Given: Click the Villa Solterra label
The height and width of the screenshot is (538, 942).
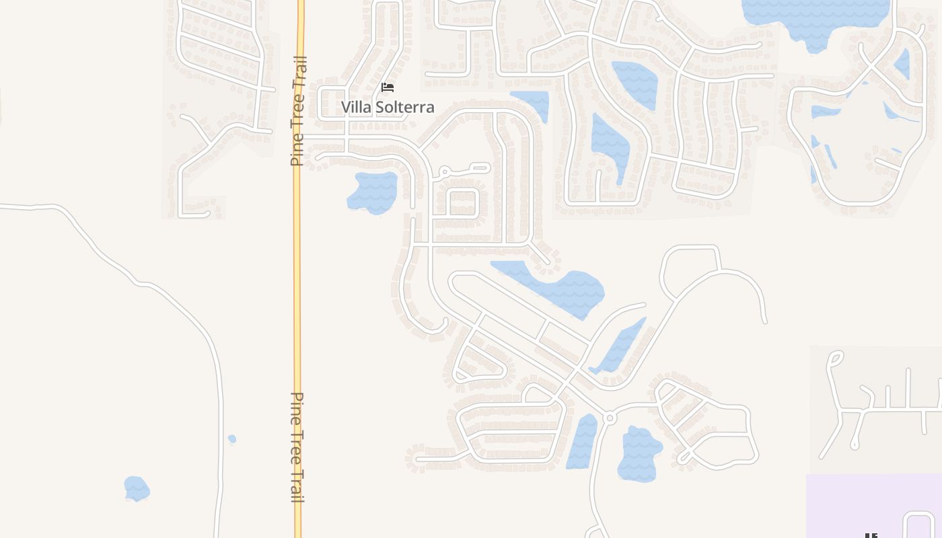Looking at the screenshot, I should pyautogui.click(x=388, y=107).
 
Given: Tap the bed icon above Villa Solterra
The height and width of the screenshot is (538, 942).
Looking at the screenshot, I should pyautogui.click(x=387, y=87).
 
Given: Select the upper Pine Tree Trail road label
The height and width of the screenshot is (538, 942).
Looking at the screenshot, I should pyautogui.click(x=299, y=111).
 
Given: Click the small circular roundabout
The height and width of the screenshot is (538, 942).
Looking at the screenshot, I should pyautogui.click(x=610, y=418).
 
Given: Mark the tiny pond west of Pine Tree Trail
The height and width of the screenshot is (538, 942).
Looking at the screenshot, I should pyautogui.click(x=232, y=439).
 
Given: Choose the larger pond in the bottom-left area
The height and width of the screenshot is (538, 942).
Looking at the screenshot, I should pyautogui.click(x=137, y=488).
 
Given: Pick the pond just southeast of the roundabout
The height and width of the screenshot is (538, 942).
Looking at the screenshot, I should pyautogui.click(x=639, y=454).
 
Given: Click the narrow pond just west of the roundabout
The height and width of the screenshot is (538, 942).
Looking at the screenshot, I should pyautogui.click(x=582, y=442).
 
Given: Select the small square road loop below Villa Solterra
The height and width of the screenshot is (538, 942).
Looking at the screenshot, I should pyautogui.click(x=463, y=203).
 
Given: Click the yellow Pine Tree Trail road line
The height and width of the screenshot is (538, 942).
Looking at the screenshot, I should pyautogui.click(x=298, y=269).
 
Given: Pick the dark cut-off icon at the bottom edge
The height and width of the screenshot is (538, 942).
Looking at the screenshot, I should pyautogui.click(x=871, y=535).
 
